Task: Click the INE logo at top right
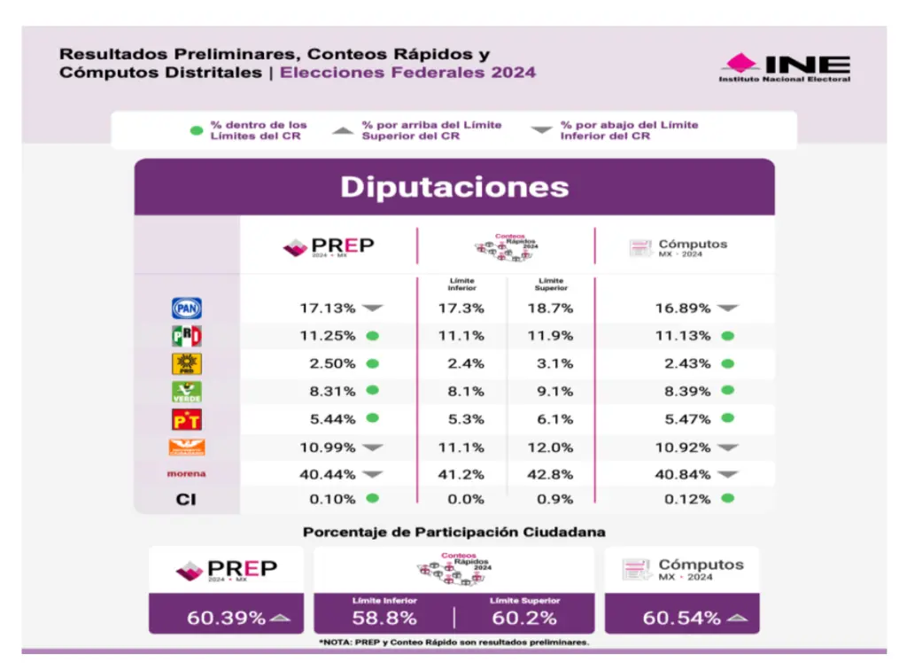pos(784,67)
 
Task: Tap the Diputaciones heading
pos(454,187)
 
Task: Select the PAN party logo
pos(186,308)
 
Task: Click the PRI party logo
pos(186,336)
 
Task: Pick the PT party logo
pos(186,419)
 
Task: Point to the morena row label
pos(186,474)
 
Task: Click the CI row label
pos(186,500)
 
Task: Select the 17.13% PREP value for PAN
pos(327,308)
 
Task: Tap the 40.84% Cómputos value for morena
pos(682,474)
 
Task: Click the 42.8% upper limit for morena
pos(550,474)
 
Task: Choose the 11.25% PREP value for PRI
pos(327,336)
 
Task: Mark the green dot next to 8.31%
pos(372,391)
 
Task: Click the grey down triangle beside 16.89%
pos(727,308)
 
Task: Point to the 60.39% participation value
pos(226,618)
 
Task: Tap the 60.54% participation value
pos(682,618)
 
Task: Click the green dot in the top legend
pos(197,131)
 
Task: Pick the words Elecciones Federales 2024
pos(407,73)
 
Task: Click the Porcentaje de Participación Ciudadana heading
pos(454,533)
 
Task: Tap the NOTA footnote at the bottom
pos(454,642)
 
